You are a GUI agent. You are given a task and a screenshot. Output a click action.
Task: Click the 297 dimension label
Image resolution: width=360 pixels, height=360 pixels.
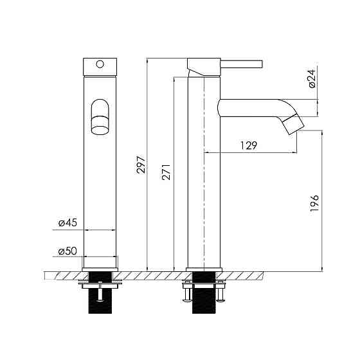(x=141, y=165)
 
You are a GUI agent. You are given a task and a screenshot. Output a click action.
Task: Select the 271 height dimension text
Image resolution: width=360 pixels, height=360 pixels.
(x=166, y=172)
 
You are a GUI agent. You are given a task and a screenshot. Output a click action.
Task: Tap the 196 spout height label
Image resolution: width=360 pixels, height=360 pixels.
(x=314, y=203)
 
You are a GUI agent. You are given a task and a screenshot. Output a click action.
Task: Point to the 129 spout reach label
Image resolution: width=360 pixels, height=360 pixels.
(x=249, y=145)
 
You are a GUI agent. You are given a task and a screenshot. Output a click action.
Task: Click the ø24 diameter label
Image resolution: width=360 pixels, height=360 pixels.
(x=312, y=78)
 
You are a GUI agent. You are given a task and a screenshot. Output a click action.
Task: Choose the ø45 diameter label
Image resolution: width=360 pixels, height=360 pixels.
(x=67, y=222)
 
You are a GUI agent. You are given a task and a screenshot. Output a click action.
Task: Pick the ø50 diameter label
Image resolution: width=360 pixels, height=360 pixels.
(x=67, y=251)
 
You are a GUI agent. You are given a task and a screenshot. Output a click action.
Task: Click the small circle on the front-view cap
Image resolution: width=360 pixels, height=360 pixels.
(x=100, y=64)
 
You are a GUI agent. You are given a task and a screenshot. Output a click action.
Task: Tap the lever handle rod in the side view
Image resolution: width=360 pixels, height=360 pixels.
(x=242, y=64)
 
